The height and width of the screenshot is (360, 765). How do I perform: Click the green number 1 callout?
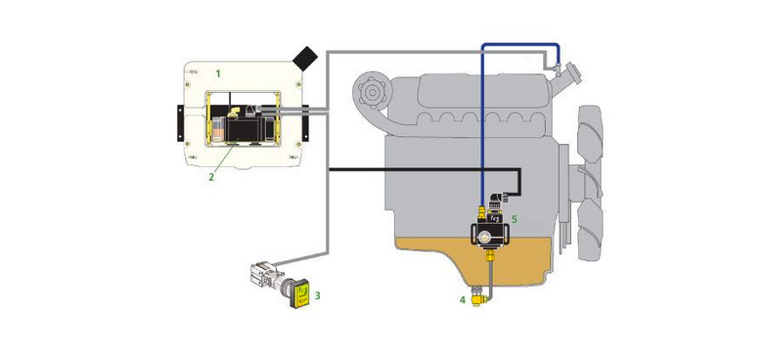[x=218, y=73]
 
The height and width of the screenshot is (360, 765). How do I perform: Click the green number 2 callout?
[x=211, y=177]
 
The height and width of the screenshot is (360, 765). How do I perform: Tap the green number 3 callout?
[x=317, y=295]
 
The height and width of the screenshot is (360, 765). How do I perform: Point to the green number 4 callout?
[x=463, y=300]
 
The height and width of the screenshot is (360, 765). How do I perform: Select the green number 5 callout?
[x=514, y=219]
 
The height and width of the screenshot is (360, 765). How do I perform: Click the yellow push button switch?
[x=299, y=294]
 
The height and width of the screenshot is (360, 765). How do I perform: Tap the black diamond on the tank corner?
[x=305, y=58]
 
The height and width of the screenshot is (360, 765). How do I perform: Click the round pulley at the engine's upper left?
[x=372, y=91]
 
